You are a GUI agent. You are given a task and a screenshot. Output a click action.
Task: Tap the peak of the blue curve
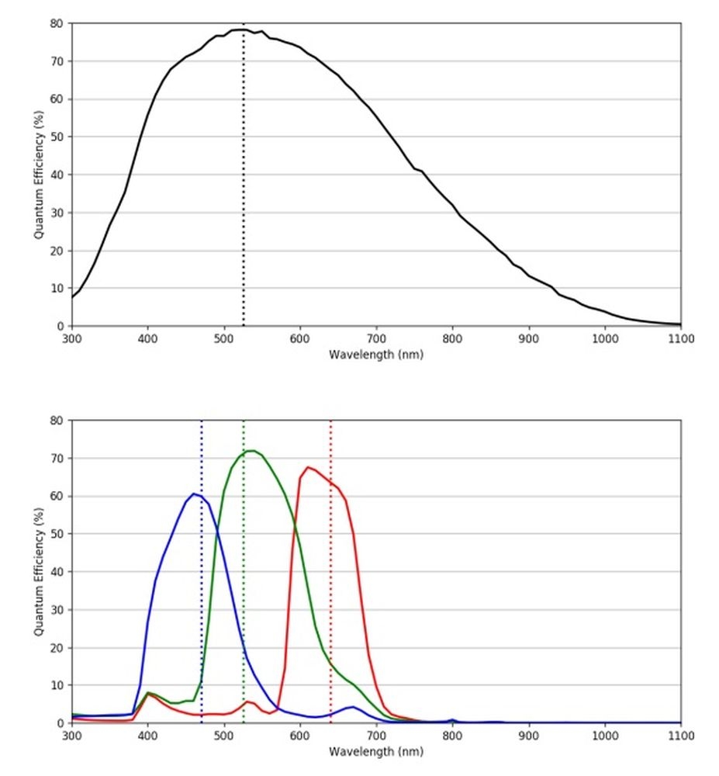pyautogui.click(x=194, y=494)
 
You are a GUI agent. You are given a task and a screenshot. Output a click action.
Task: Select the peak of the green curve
pyautogui.click(x=251, y=450)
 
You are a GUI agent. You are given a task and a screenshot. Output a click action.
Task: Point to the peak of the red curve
pyautogui.click(x=309, y=467)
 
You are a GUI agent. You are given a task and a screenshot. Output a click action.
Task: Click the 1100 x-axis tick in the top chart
pyautogui.click(x=680, y=339)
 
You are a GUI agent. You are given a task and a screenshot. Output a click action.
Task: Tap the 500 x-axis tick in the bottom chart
pyautogui.click(x=224, y=736)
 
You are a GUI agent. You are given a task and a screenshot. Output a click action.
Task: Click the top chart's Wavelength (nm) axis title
pyautogui.click(x=376, y=355)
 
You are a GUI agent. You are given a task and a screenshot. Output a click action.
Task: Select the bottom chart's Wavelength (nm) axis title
pyautogui.click(x=376, y=751)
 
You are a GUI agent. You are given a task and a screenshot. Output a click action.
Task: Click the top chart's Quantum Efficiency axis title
pyautogui.click(x=38, y=175)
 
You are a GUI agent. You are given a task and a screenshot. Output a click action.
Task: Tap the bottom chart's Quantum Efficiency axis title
pyautogui.click(x=38, y=572)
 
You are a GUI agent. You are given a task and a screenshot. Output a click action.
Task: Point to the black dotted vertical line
pyautogui.click(x=244, y=194)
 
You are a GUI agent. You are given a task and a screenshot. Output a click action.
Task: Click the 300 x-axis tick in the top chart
pyautogui.click(x=71, y=339)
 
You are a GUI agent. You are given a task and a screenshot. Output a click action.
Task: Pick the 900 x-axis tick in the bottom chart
pyautogui.click(x=528, y=736)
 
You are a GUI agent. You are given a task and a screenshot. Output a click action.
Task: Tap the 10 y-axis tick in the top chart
pyautogui.click(x=57, y=289)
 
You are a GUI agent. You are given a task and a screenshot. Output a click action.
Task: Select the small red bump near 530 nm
pyautogui.click(x=247, y=702)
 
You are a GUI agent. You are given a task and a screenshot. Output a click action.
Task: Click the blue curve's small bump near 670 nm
pyautogui.click(x=353, y=707)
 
